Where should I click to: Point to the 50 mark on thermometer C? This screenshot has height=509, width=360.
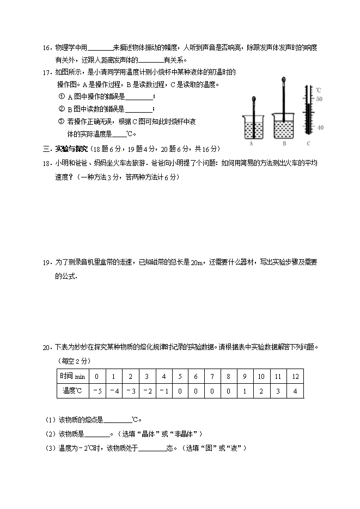(x=320, y=99)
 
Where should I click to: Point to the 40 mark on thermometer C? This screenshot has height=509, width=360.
(x=320, y=127)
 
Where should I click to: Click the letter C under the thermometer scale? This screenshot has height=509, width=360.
(x=308, y=144)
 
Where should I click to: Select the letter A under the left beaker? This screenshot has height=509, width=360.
(x=251, y=144)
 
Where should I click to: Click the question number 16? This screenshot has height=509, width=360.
(x=46, y=48)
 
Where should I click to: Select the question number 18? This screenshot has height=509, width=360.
(x=46, y=163)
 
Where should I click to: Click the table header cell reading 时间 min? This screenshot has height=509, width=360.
(x=72, y=377)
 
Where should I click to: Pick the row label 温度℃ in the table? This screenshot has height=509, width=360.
(x=72, y=391)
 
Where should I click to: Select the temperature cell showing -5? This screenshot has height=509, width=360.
(x=97, y=391)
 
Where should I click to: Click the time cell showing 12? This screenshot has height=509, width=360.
(x=295, y=377)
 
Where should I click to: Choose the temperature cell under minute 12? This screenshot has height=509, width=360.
(x=295, y=391)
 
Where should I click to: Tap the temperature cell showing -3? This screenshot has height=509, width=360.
(x=130, y=391)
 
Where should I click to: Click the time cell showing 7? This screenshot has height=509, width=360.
(x=212, y=377)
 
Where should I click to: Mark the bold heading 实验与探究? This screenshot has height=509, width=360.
(x=71, y=149)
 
